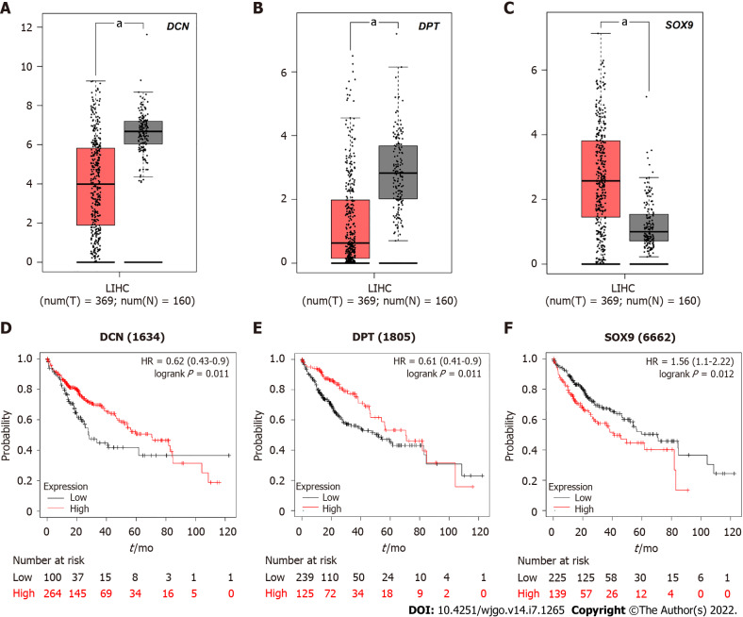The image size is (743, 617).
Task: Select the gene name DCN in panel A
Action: click(205, 28)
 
